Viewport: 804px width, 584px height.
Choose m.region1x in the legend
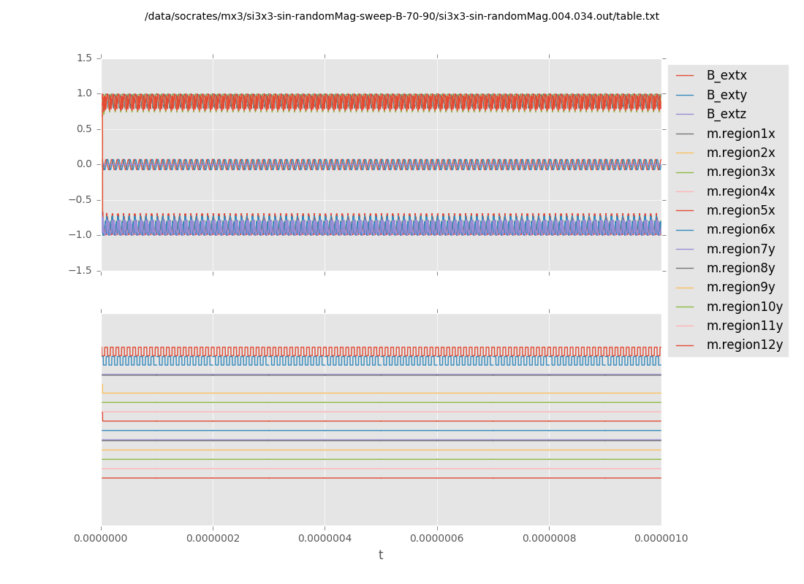(x=740, y=134)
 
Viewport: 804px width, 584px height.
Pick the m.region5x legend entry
(x=740, y=210)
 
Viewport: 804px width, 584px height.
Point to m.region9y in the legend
(x=740, y=287)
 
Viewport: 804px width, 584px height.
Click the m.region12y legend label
(x=744, y=345)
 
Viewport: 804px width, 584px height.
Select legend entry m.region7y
(x=740, y=249)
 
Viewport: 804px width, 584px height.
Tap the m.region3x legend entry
(x=740, y=172)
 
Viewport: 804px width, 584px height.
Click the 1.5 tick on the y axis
(x=84, y=58)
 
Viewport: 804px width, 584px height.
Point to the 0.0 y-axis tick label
(x=84, y=164)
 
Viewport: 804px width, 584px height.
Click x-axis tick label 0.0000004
(x=325, y=539)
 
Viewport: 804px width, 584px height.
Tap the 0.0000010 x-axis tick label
(x=661, y=539)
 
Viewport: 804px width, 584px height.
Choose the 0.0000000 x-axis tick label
(x=101, y=539)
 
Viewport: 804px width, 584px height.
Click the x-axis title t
(x=381, y=556)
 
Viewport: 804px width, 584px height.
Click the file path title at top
(x=402, y=16)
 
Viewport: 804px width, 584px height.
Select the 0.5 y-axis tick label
(x=84, y=128)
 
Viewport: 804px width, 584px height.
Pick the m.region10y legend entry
(x=744, y=307)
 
